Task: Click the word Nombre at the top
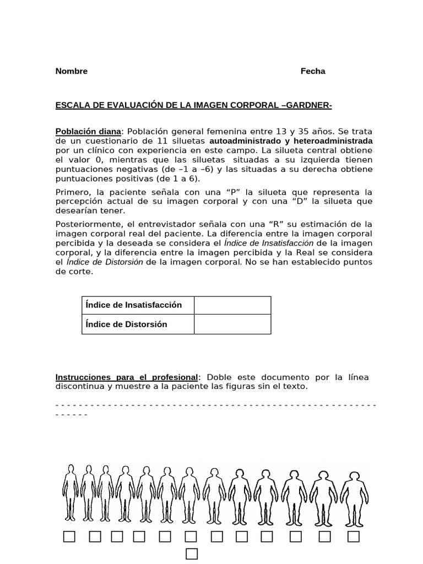pos(72,71)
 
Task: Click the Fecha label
pos(313,71)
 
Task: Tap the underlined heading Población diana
pos(88,132)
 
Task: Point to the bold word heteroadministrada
pos(336,141)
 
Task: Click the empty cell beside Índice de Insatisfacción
pos(232,305)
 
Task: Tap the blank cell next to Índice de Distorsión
pos(232,324)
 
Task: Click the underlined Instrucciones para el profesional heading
pos(127,377)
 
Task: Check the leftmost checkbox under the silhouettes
pos(69,536)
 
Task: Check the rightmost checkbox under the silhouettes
pos(353,536)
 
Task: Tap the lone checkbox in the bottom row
pos(191,554)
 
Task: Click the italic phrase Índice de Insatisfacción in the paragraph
pos(268,243)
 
